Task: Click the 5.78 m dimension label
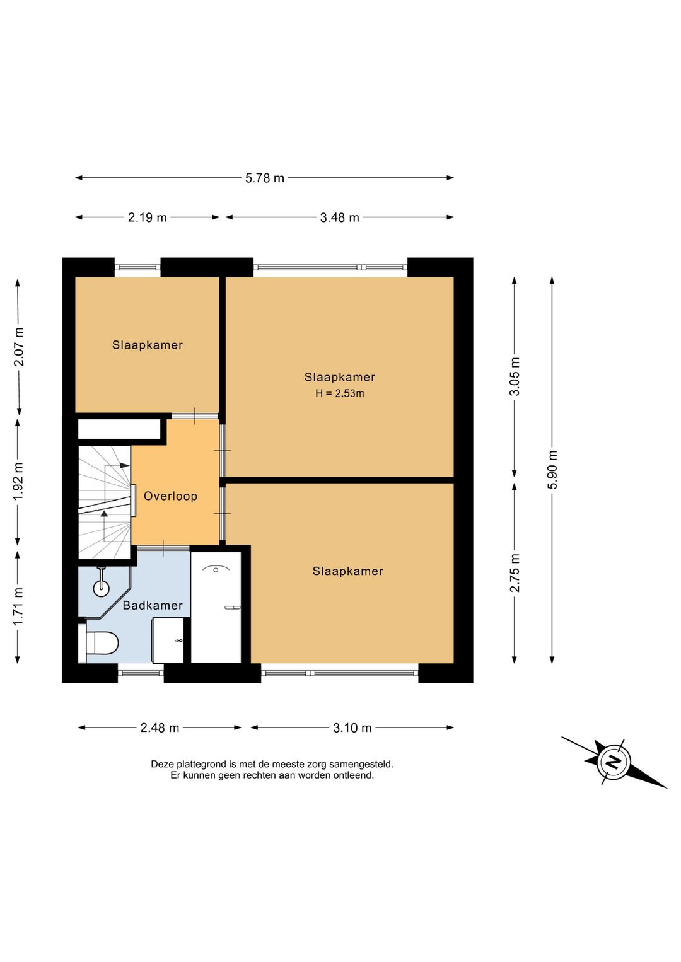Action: click(x=265, y=178)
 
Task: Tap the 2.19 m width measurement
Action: click(x=148, y=217)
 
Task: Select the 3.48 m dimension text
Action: click(x=339, y=217)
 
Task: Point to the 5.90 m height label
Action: click(x=552, y=470)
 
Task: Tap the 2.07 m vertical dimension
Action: click(x=18, y=347)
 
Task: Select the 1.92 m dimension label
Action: click(x=18, y=482)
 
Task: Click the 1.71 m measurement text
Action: click(x=18, y=607)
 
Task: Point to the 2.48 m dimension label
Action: click(x=160, y=728)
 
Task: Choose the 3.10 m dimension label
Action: click(x=352, y=728)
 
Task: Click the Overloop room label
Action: click(x=171, y=496)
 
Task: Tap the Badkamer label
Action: click(x=153, y=605)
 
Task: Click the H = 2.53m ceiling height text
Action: click(x=339, y=393)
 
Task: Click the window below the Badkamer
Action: click(x=141, y=673)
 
